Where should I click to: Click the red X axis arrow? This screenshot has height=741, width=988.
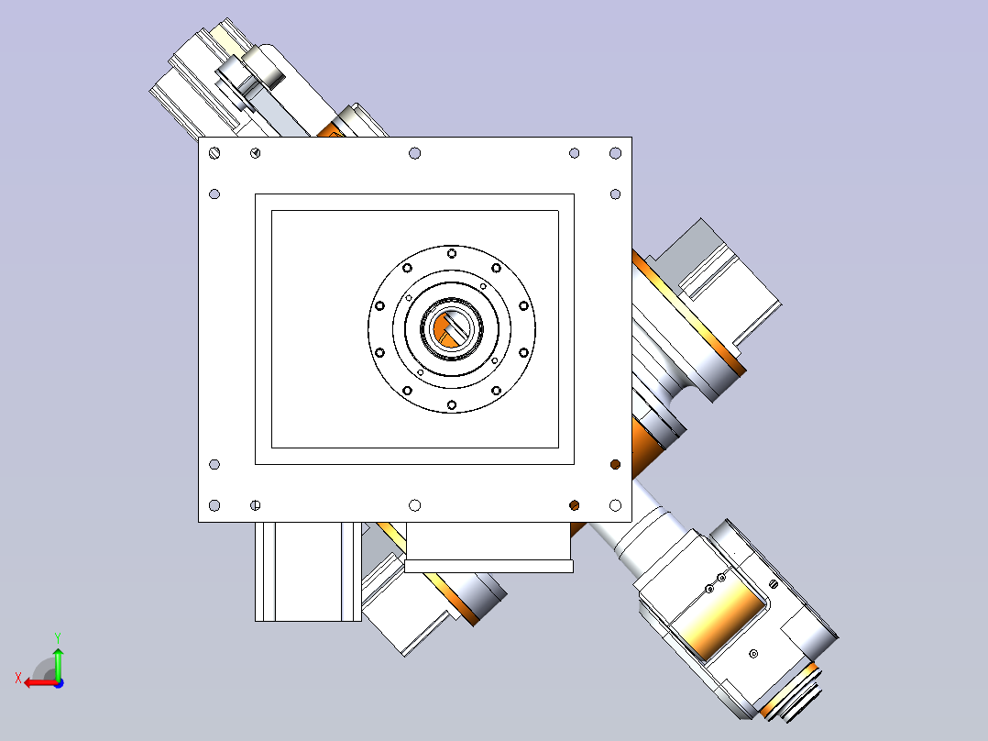pyautogui.click(x=41, y=683)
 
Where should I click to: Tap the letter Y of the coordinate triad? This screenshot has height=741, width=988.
pyautogui.click(x=58, y=638)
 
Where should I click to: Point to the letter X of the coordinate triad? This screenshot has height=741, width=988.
pyautogui.click(x=18, y=679)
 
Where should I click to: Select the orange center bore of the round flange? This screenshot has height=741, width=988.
pyautogui.click(x=449, y=328)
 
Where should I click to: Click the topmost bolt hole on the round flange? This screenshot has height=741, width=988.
pyautogui.click(x=452, y=253)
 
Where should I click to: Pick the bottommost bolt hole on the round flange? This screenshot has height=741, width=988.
pyautogui.click(x=451, y=404)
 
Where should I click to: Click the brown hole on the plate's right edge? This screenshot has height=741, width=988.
pyautogui.click(x=616, y=465)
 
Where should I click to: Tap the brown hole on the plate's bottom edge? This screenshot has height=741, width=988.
pyautogui.click(x=574, y=505)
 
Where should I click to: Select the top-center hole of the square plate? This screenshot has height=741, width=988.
pyautogui.click(x=414, y=153)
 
